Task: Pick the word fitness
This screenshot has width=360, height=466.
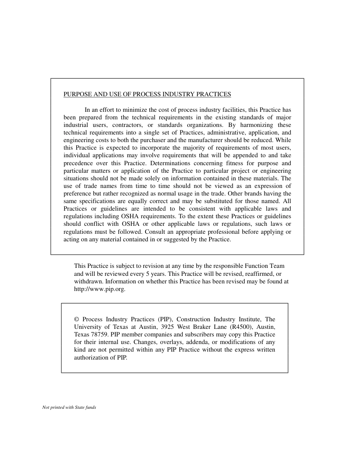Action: tap(236, 163)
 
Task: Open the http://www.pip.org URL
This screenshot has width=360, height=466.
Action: tap(99, 289)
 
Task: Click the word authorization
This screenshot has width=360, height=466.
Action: tap(92, 358)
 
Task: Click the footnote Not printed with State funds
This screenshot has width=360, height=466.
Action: tap(69, 408)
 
